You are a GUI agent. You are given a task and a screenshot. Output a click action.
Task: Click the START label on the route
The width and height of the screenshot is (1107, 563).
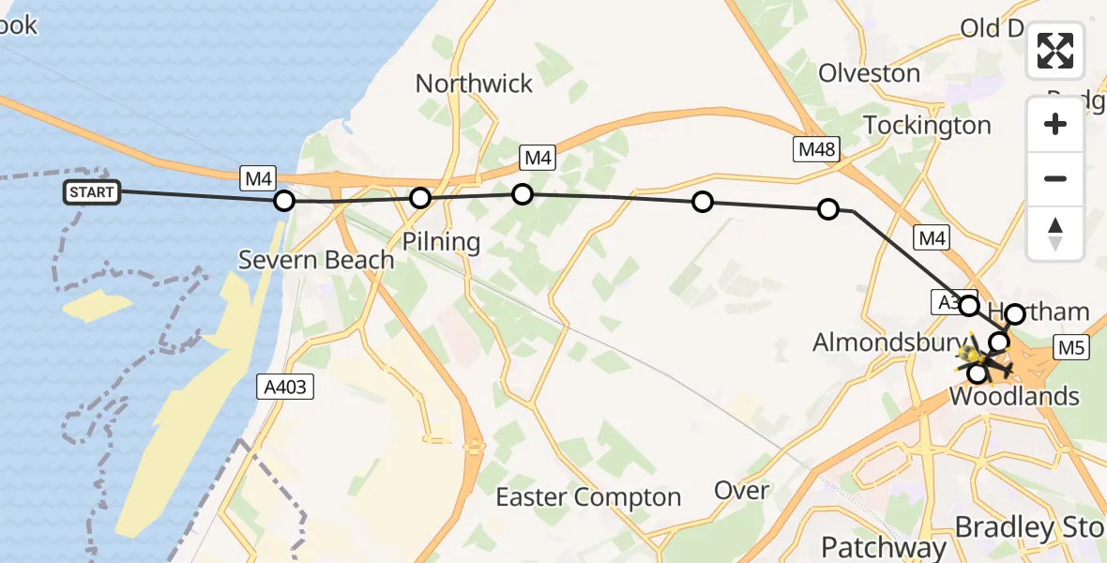92,193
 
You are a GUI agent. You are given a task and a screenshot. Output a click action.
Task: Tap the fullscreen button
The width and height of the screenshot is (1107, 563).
1055,51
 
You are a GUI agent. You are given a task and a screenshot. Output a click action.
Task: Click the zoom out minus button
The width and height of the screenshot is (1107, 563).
1055,178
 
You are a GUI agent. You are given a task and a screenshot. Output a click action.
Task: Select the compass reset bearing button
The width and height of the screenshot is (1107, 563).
1055,234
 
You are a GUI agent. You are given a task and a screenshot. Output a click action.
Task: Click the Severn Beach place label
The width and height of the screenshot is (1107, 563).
316,260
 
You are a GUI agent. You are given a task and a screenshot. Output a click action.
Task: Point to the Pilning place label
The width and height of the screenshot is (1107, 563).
441,242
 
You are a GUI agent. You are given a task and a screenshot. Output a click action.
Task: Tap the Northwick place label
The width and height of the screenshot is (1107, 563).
474,84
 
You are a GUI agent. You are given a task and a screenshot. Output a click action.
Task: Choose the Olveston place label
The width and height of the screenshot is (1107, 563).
870,73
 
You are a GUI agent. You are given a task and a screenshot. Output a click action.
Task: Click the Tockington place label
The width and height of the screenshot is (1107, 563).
927,125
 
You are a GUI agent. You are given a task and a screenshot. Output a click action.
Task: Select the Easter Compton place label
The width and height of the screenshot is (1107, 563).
588,497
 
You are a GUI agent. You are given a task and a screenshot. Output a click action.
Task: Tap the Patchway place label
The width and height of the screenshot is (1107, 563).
884,547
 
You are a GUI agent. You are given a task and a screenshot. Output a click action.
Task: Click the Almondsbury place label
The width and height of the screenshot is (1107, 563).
884,342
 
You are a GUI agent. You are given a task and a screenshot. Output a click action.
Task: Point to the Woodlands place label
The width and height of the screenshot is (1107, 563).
1014,396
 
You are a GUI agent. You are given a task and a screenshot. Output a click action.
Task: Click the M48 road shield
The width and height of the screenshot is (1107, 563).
815,148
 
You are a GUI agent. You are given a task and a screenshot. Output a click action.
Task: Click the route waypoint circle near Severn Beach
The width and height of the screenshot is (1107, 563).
284,201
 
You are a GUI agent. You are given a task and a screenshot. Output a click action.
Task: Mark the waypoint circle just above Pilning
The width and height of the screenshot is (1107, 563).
420,198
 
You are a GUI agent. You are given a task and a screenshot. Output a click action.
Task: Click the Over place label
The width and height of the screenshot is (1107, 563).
742,490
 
